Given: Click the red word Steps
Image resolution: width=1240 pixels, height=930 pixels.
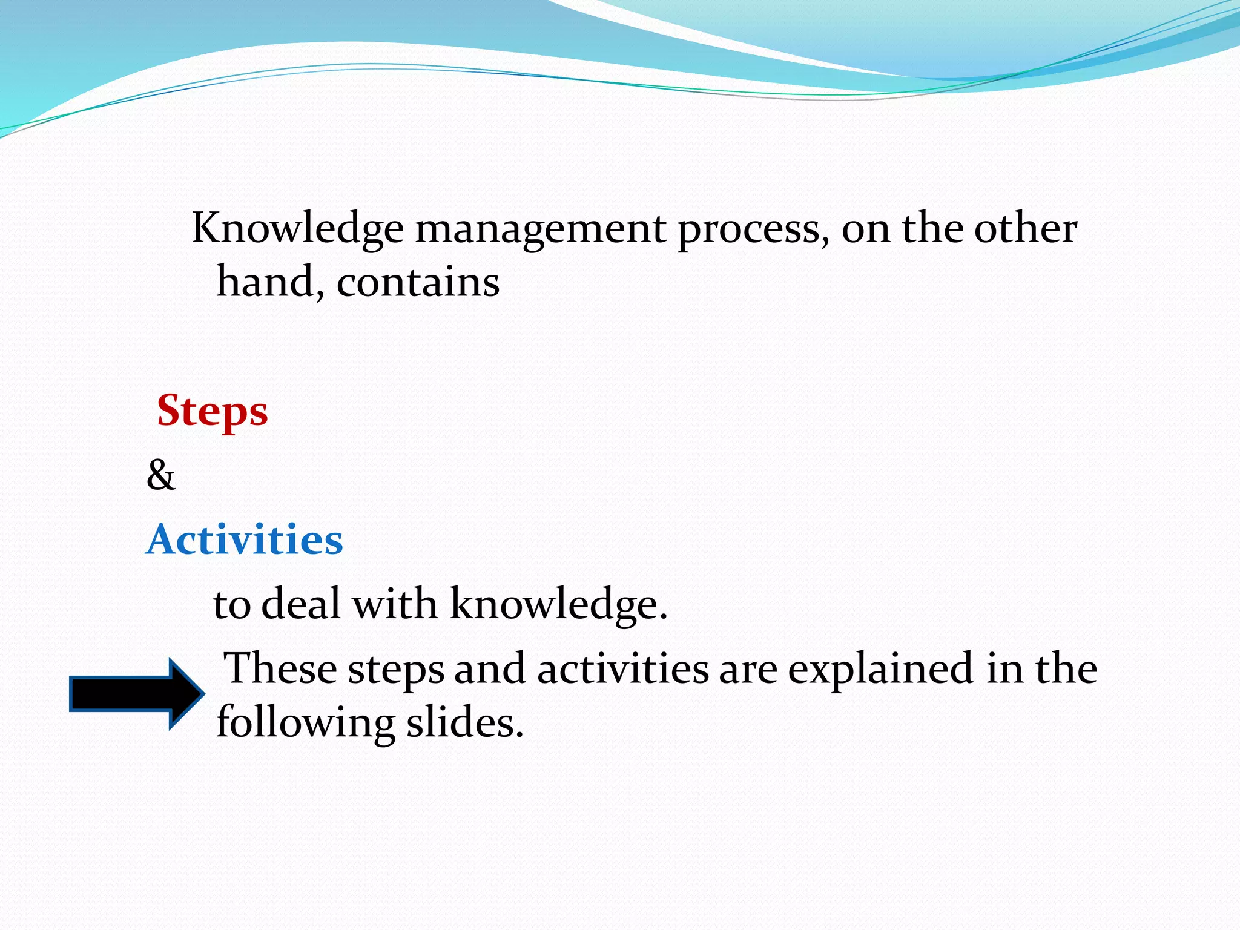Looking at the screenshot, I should [212, 411].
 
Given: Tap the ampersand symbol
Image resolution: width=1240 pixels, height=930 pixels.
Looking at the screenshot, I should [160, 475].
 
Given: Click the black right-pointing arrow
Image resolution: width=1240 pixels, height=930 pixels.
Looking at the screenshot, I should [137, 694].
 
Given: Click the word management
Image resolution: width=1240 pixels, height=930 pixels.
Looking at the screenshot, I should [540, 230].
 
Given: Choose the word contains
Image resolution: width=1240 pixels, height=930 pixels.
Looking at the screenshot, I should [418, 282].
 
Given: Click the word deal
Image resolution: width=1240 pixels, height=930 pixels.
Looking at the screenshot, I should [301, 604].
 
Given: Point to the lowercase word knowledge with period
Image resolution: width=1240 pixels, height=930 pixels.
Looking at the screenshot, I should [558, 604].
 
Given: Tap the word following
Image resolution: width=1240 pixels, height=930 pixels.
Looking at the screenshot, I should [305, 722].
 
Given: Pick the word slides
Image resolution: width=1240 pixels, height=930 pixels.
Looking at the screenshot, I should [464, 722].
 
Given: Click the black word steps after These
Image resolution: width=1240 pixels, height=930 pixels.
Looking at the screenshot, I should [396, 670].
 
